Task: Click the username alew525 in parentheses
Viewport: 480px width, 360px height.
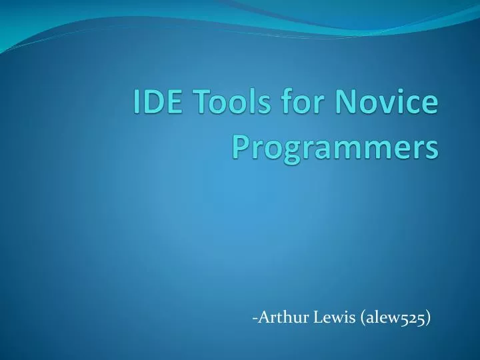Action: coord(396,319)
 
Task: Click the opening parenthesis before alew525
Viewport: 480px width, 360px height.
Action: coord(363,319)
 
